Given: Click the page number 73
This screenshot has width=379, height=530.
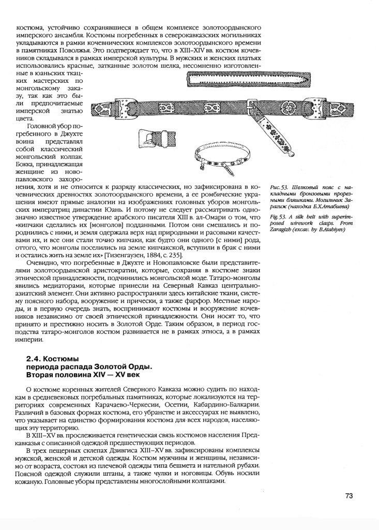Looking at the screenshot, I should (x=348, y=496).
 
